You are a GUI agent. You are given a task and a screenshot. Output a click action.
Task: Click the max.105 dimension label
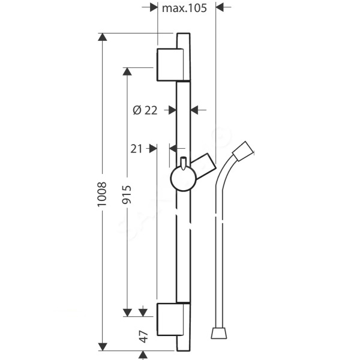coord(184,8)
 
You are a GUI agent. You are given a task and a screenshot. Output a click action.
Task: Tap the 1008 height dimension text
coord(102,194)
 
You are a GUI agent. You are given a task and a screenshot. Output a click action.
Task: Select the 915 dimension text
coord(127,194)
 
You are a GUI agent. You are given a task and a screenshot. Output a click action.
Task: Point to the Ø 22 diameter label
coord(145,110)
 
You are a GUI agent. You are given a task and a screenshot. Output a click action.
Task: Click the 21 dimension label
coord(136,149)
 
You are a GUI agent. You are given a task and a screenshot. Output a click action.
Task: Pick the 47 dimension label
coord(143,337)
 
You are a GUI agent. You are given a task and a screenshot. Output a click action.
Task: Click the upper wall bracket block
coord(170,65)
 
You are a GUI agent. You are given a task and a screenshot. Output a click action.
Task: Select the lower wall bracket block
coord(170,319)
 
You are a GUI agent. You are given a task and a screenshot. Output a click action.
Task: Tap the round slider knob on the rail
coord(183,178)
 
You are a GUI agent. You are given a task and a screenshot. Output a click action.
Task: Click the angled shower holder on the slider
coord(204,166)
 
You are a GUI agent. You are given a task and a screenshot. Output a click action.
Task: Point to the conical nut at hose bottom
coord(219,334)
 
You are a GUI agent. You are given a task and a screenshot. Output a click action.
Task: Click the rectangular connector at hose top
coord(243,151)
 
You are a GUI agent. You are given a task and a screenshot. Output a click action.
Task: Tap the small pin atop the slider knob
coord(183,163)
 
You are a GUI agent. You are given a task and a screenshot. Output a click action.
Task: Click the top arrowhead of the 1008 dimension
coord(103,37)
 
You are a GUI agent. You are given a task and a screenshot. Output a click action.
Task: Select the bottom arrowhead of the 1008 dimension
coord(103,347)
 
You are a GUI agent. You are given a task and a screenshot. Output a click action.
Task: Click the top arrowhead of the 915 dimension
coord(127,71)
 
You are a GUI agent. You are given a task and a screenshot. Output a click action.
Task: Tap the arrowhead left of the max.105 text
coord(154,7)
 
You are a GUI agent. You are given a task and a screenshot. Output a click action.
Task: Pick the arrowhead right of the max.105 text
coord(220,7)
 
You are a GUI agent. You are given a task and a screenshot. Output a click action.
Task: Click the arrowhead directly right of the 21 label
coord(153,149)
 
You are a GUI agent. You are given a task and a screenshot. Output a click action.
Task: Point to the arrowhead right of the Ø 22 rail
coord(194,110)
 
